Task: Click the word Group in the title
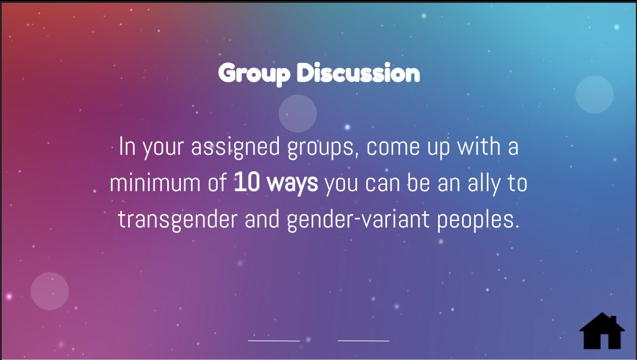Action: [254, 74]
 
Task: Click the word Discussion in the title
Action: [358, 73]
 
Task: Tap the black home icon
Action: [602, 331]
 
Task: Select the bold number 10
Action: [247, 183]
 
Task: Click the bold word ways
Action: [292, 184]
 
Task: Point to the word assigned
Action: [235, 147]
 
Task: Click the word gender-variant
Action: [358, 220]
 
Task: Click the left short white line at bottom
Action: [274, 341]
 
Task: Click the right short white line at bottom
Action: [364, 341]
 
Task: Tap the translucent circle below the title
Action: [298, 113]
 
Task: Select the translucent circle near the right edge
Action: [594, 94]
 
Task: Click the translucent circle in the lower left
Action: [49, 291]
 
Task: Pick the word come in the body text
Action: [393, 147]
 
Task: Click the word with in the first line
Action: [479, 146]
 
